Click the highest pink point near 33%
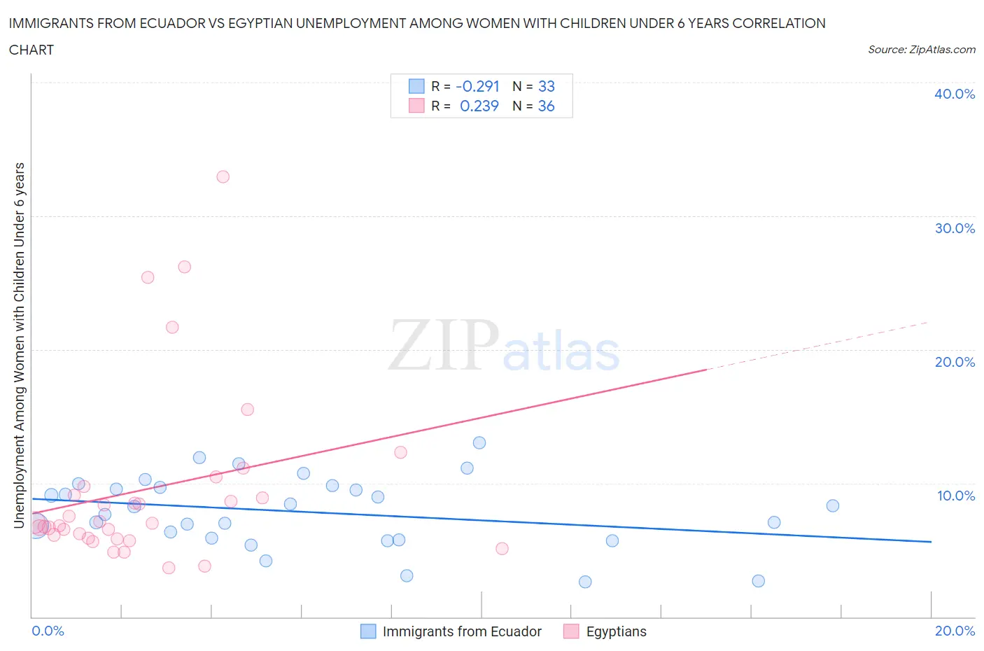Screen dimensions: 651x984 [223, 176]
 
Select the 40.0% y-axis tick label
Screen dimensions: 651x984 [954, 94]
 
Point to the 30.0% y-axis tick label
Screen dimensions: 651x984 [954, 228]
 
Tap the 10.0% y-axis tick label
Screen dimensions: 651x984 [955, 496]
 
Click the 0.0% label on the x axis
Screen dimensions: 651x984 [48, 631]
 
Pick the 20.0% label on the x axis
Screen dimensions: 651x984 [955, 631]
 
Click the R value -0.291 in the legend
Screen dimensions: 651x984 [477, 86]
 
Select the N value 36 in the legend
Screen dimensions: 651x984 [546, 106]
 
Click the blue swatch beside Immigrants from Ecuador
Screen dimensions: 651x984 [368, 631]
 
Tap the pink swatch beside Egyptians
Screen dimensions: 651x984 [571, 631]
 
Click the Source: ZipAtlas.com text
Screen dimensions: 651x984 [921, 50]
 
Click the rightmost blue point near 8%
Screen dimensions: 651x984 [832, 505]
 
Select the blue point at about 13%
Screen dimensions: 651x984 [479, 442]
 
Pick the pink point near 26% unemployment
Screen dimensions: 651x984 [184, 267]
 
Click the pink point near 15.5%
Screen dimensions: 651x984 [247, 409]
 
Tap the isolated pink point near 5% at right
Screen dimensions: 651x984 [502, 548]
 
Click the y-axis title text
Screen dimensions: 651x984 [20, 345]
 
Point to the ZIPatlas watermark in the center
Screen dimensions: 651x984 [504, 346]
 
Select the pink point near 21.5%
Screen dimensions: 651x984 [172, 327]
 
